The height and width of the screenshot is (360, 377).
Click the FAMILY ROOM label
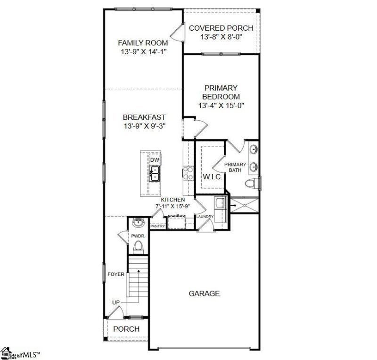(x=143, y=43)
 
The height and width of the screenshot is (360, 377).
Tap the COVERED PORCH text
(x=221, y=28)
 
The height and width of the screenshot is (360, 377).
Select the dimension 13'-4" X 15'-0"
(x=221, y=105)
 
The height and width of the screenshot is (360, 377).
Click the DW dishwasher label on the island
(x=155, y=160)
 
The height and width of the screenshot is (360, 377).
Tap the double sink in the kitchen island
(x=155, y=174)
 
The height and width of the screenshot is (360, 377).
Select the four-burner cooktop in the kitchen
(x=188, y=173)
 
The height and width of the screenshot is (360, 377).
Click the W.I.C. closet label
(x=209, y=177)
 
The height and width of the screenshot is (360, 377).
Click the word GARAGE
(x=204, y=293)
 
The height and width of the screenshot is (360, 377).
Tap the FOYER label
(x=116, y=274)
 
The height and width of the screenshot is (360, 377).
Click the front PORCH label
(x=126, y=328)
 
